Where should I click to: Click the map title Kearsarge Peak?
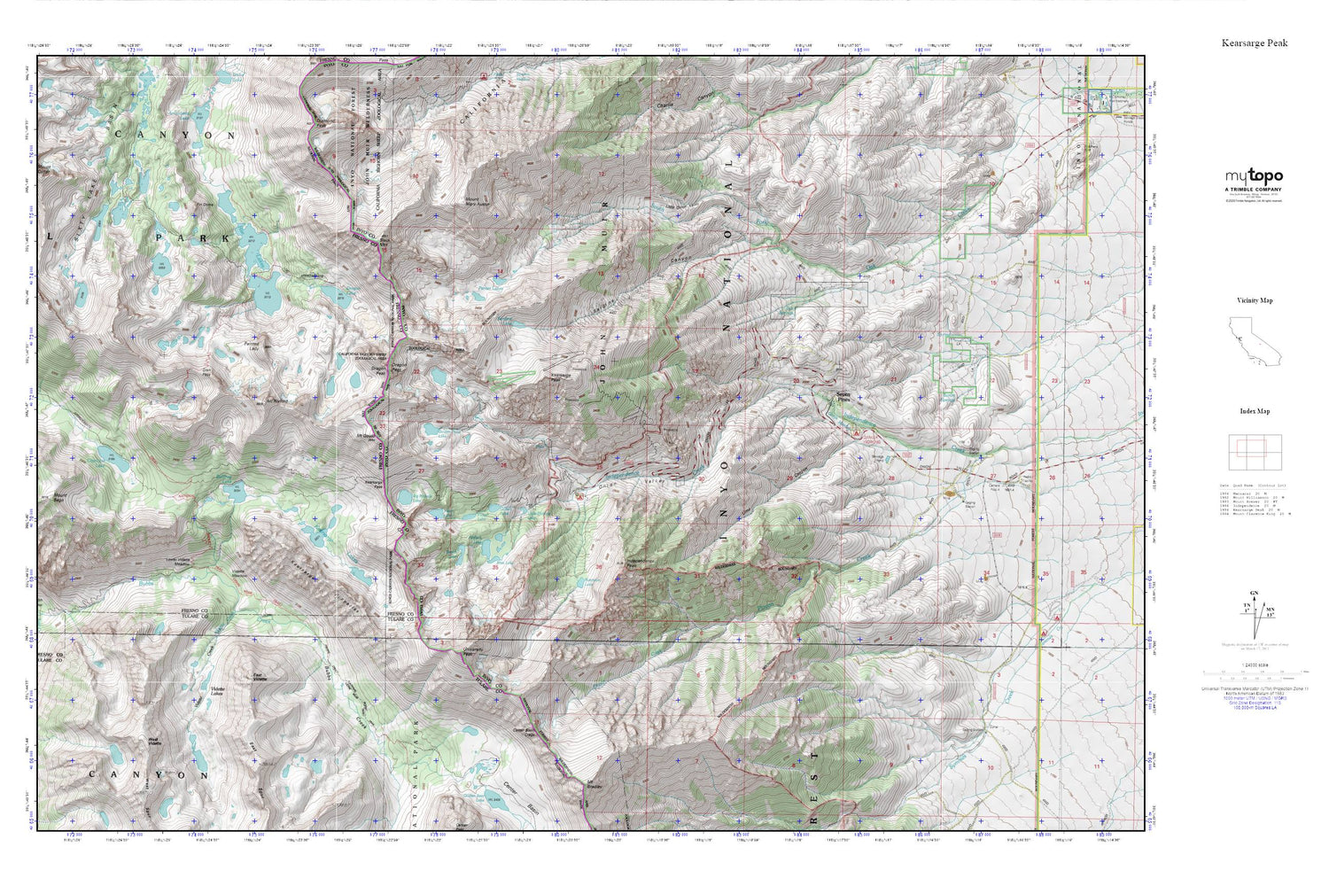coord(1254,43)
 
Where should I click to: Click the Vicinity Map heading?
coord(1255,300)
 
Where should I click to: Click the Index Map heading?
coord(1255,411)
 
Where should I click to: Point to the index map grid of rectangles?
coord(1255,452)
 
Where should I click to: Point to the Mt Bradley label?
coord(595,782)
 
